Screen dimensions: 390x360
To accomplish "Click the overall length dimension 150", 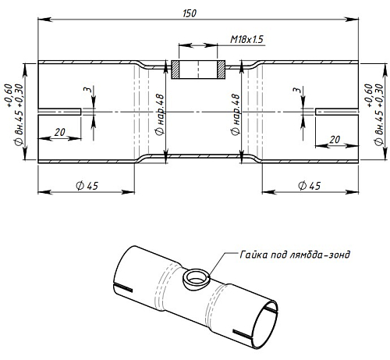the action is (x=190, y=13).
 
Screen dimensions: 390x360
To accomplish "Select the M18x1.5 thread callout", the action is (x=246, y=39).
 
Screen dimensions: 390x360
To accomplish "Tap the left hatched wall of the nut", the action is (x=175, y=70).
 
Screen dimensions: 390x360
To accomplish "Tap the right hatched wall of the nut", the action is (x=221, y=70).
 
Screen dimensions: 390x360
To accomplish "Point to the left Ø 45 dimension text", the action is (x=87, y=186).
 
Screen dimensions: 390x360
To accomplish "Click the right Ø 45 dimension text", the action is (x=310, y=186).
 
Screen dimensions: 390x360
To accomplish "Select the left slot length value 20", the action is (x=59, y=132).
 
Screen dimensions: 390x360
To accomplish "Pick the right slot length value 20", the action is (x=335, y=140).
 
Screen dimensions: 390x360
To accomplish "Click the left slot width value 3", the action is (x=88, y=89).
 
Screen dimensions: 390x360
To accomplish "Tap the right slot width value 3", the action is (x=297, y=90).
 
